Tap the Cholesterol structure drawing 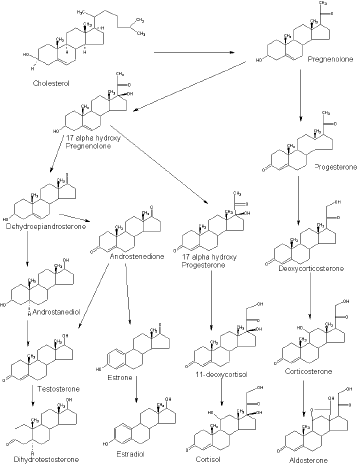pos(80,36)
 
